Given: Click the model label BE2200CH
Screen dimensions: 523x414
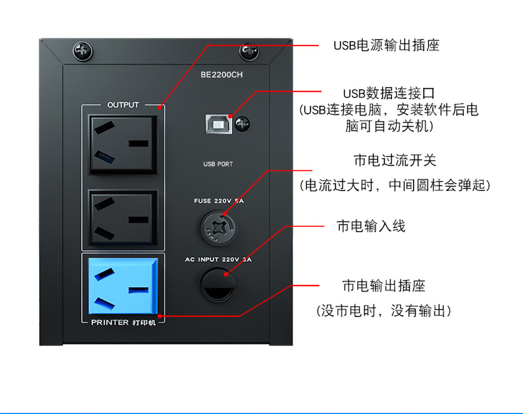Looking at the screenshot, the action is point(221,74).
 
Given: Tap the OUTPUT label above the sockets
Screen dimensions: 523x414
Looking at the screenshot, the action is point(123,105).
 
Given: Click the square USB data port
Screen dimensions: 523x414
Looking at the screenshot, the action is point(219,124).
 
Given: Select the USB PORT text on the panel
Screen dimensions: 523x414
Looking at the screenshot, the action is point(218,164).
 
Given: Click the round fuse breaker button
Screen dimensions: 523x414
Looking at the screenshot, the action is point(218,228).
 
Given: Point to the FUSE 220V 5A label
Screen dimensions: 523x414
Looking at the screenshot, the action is point(219,201).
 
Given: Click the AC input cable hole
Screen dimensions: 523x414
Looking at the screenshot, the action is point(218,285).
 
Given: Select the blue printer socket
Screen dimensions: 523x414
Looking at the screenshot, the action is point(123,286).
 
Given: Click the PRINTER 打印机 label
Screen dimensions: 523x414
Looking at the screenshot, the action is point(124,322).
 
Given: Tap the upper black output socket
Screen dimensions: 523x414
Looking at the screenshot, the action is point(123,145).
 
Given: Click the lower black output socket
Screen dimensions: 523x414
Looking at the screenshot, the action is point(123,218).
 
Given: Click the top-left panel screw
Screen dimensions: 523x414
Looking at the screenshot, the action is point(82,51).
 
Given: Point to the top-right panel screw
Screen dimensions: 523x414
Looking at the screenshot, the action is point(249,52).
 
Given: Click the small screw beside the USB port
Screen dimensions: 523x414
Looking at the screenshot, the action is point(242,124).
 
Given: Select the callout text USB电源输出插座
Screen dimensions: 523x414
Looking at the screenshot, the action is point(386,45).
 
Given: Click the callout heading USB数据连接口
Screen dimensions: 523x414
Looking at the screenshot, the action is point(389,93).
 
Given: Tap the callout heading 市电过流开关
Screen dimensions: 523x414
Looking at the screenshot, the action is point(395,160).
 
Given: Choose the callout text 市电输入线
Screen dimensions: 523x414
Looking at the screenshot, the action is point(371,226).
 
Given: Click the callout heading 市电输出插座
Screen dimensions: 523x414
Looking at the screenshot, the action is point(384,286).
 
